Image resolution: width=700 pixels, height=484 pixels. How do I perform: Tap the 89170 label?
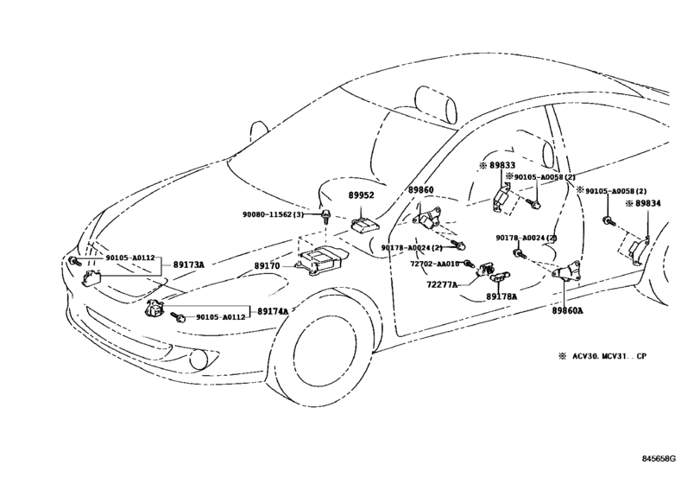(267, 266)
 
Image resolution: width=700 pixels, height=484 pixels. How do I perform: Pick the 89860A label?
(568, 309)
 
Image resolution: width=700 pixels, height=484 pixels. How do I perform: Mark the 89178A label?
(501, 296)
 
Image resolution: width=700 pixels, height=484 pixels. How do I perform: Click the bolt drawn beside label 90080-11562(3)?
(327, 216)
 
